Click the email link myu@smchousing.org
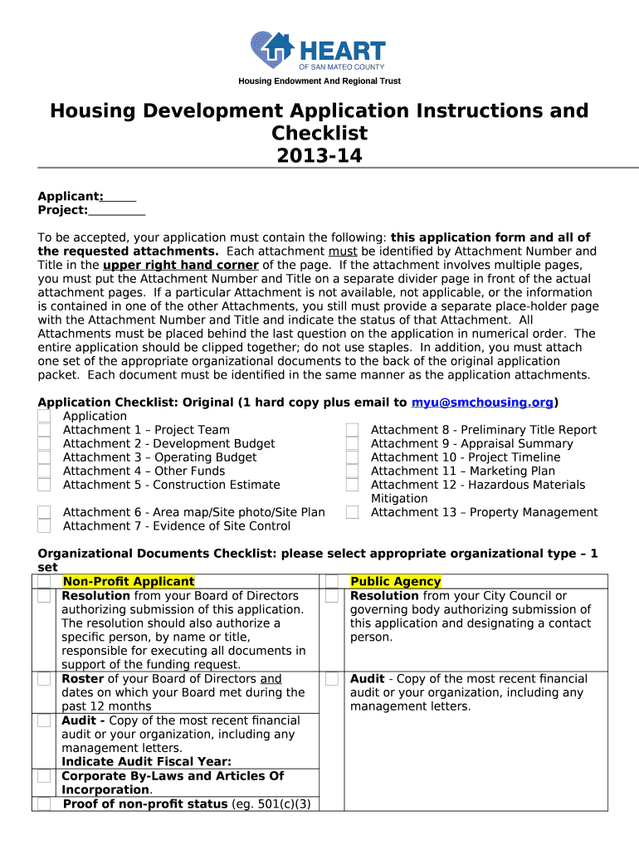(482, 403)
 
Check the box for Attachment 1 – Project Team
(45, 430)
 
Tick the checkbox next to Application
(45, 416)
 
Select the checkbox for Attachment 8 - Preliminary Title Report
(353, 430)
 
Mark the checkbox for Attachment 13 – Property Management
(353, 512)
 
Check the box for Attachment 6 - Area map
(45, 512)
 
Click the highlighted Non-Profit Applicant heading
(129, 582)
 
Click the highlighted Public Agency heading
(396, 582)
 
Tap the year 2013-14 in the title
(319, 155)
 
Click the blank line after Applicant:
(120, 198)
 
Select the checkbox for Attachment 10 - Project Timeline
(353, 457)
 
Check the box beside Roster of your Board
(44, 680)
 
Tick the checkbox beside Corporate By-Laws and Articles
(44, 777)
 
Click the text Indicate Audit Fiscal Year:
(146, 761)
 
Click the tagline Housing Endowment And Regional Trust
(319, 81)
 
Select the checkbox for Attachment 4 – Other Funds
(45, 471)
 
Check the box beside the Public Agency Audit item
(332, 680)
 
